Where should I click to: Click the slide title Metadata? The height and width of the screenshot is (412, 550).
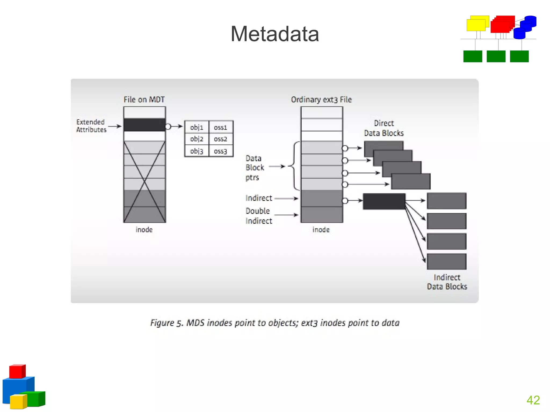pos(275,34)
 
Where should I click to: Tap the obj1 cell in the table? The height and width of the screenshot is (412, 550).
pos(197,127)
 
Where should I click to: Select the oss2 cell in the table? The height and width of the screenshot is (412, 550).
pos(220,139)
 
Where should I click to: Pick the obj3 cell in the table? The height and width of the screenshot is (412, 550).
pos(197,151)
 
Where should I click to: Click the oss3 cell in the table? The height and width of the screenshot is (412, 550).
pos(220,151)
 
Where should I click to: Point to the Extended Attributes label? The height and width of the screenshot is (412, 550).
pos(91,126)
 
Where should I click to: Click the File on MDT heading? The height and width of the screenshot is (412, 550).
pos(144,100)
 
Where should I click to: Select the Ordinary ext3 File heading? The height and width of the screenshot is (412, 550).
pos(321,100)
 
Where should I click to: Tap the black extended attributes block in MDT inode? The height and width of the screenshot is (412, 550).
pos(144,125)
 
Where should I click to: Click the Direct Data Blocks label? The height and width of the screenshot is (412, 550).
pos(384,128)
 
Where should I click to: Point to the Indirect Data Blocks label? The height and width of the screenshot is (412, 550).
pos(447,282)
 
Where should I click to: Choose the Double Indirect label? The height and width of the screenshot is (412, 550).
pos(259,216)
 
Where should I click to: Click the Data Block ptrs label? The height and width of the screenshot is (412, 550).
pos(255,168)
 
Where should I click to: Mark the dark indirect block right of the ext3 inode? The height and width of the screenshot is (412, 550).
pos(384,201)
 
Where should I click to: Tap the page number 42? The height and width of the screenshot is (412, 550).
pos(533,400)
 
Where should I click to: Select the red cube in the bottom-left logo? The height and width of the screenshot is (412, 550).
pos(17,371)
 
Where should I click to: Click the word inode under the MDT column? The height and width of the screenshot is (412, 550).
pos(144,230)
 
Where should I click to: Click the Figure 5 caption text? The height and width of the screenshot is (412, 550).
pos(275,323)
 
